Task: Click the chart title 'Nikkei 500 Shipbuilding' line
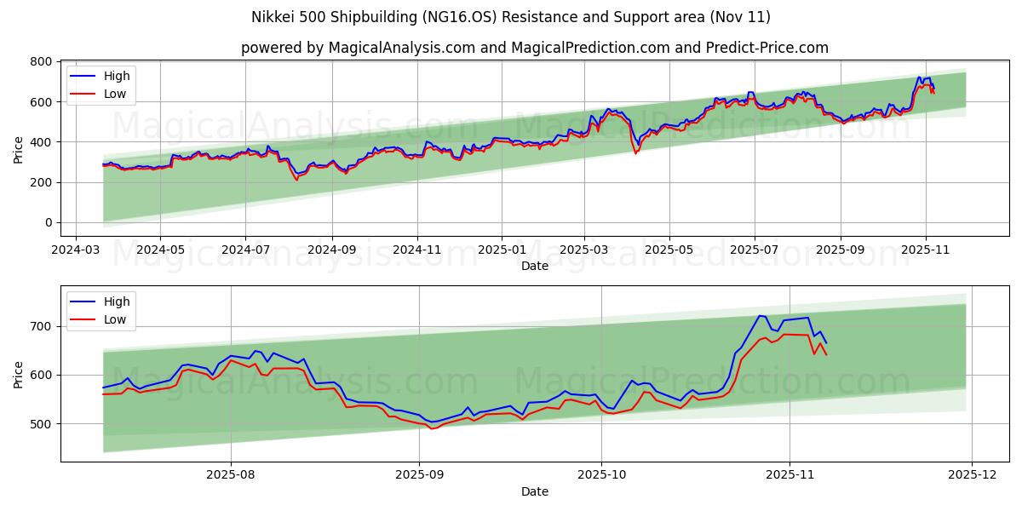[x=511, y=17]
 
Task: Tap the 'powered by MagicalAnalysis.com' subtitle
[x=535, y=48]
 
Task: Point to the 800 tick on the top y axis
[x=39, y=62]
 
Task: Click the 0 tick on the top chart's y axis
[x=48, y=223]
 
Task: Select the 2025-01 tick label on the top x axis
[x=501, y=250]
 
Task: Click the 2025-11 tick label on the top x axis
[x=926, y=250]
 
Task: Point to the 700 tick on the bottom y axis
[x=39, y=326]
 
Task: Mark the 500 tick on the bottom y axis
[x=39, y=424]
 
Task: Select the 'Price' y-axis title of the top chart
[x=19, y=150]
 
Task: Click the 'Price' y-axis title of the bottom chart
[x=19, y=375]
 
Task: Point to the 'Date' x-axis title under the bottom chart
[x=535, y=491]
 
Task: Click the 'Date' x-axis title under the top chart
[x=535, y=266]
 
